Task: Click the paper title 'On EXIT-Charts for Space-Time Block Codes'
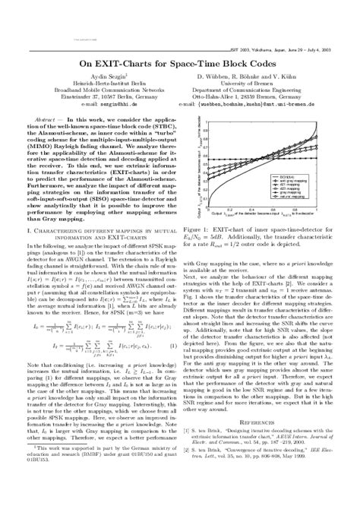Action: [x=180, y=63]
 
